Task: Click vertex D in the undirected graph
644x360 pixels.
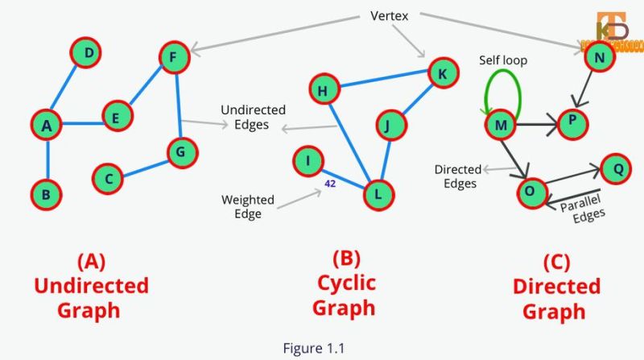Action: tap(89, 54)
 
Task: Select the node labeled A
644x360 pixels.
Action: tap(47, 124)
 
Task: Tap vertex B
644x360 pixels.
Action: tap(47, 194)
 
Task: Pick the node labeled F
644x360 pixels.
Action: tap(173, 57)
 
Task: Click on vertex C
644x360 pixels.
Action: tap(108, 177)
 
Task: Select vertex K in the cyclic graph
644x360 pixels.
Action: tap(442, 72)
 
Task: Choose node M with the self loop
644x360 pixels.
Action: tap(501, 125)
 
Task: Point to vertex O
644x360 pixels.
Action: tap(530, 192)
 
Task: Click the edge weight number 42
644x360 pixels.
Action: tap(330, 184)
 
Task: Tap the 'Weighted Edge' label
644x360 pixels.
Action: tap(248, 205)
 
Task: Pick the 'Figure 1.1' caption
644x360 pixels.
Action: tap(313, 347)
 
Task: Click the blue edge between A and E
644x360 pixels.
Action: tap(81, 123)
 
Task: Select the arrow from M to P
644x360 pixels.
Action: tap(535, 125)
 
